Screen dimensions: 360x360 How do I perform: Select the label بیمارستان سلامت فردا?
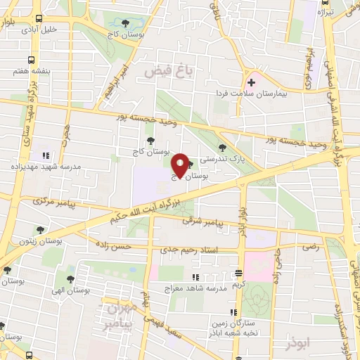253,94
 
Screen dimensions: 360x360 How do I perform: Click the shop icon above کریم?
240,273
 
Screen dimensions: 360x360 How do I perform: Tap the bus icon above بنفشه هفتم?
31,60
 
